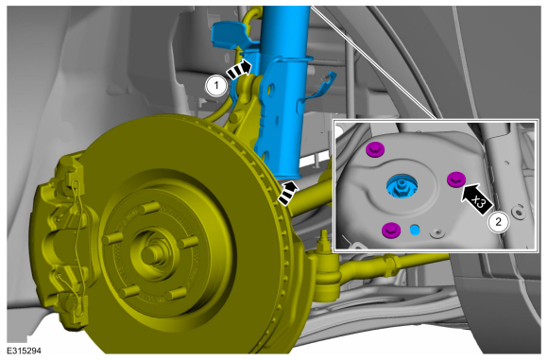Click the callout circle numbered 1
coord(216,85)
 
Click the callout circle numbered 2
coord(499,222)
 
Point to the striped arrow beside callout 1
coord(239,69)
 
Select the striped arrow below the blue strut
coord(287,193)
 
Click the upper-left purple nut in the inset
coord(375,150)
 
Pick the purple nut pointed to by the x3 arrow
coord(456,180)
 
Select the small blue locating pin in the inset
coord(415,231)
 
